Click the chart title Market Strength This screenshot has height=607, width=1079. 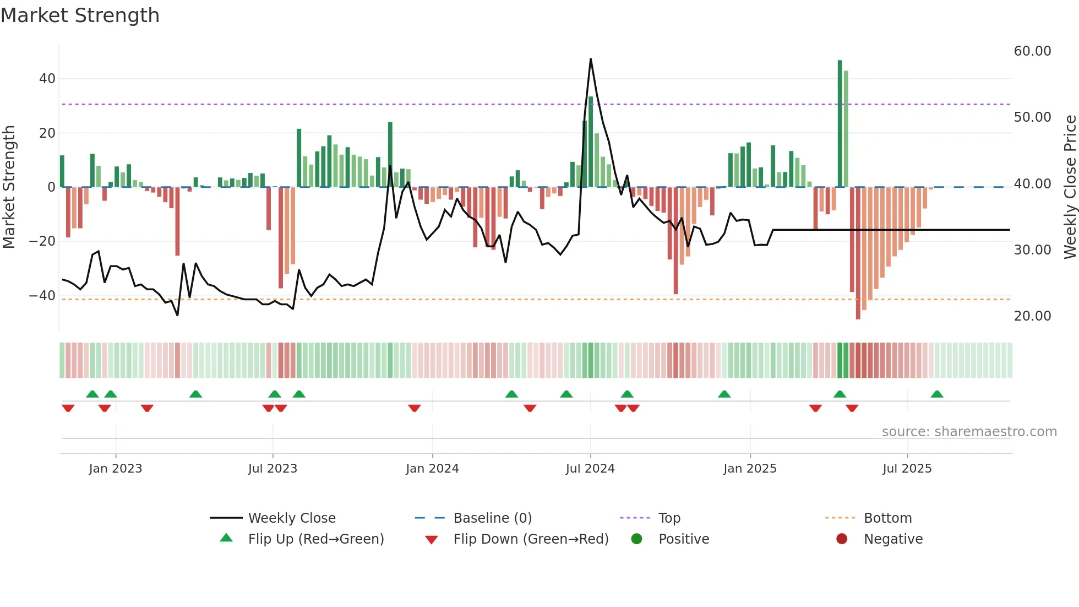coord(80,15)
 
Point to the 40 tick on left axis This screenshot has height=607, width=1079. coord(47,79)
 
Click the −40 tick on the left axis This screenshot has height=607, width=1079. coord(42,296)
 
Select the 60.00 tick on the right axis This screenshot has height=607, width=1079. coord(1032,51)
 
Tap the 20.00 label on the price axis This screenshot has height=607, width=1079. coord(1032,316)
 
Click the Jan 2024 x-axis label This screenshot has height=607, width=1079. coord(432,469)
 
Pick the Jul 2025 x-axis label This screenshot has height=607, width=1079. coord(907,469)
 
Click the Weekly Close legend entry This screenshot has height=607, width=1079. coord(291,518)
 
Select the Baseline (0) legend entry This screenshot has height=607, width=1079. coord(492,518)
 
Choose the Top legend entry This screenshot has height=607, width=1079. coord(669,518)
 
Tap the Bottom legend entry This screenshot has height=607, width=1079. coord(887,518)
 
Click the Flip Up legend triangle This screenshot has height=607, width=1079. coord(226,538)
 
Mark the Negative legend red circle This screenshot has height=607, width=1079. coord(842,539)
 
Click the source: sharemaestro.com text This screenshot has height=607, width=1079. coord(969,432)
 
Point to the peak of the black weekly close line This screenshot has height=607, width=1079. coord(591,59)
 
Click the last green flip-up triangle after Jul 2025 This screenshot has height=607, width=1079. coord(937,394)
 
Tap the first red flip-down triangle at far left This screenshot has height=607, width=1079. coord(68,408)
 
